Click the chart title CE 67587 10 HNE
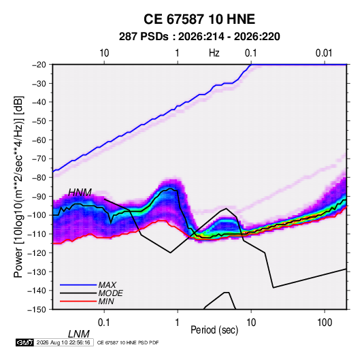point(199,19)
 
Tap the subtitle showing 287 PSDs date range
point(199,37)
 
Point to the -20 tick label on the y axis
point(39,65)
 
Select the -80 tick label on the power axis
point(39,178)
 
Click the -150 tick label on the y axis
point(37,310)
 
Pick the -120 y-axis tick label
point(37,252)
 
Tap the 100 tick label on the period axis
point(325,323)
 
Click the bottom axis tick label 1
point(178,323)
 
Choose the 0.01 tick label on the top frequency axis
point(324,53)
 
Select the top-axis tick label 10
point(104,53)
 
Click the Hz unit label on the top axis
point(214,53)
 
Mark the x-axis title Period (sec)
point(214,330)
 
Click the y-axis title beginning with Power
point(18,186)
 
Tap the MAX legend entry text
point(107,285)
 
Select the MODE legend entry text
point(110,293)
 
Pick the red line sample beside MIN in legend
point(78,301)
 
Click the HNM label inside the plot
point(80,193)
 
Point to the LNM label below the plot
point(79,334)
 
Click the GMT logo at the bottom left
point(25,342)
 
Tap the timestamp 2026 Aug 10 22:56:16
point(63,342)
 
